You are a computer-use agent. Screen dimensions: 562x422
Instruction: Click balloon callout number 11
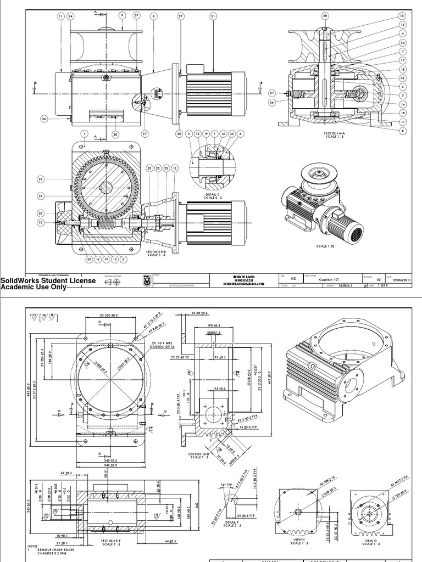click(60, 16)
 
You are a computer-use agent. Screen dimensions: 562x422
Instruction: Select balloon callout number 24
click(70, 16)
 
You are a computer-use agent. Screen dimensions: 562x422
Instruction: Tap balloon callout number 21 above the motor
click(213, 16)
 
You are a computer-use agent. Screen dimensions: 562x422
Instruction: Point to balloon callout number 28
click(325, 16)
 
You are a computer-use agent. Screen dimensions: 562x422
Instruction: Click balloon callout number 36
click(45, 118)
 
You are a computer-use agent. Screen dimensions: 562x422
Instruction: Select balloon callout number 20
click(40, 213)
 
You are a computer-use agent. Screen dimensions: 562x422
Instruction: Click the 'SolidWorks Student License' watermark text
click(48, 280)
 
